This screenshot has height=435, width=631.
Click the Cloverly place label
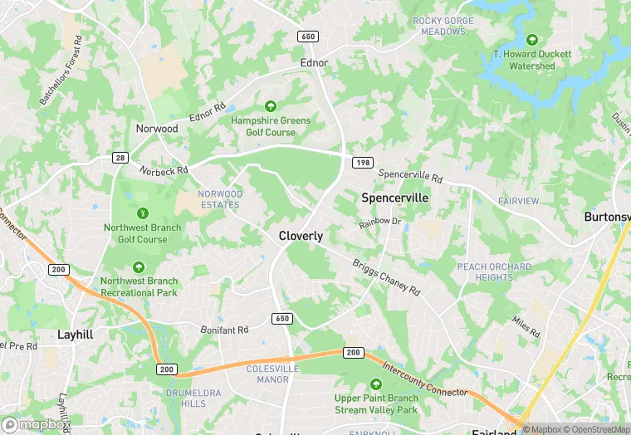click(x=301, y=236)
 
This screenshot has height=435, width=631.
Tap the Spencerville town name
click(x=395, y=198)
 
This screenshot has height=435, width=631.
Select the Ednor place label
click(x=315, y=63)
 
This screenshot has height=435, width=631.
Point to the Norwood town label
click(x=157, y=129)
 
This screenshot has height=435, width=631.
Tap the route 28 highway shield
click(x=120, y=158)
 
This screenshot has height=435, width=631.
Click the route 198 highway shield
click(x=363, y=163)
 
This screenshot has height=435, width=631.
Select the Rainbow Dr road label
click(x=379, y=222)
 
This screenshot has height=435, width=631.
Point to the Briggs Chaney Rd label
click(x=386, y=276)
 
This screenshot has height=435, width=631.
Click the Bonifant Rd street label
click(x=224, y=330)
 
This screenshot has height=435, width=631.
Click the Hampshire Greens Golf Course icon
click(x=270, y=106)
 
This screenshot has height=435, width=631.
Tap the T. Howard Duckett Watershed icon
click(x=531, y=40)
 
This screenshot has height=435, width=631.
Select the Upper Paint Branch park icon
click(x=376, y=384)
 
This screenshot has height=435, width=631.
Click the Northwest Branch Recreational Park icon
click(x=139, y=266)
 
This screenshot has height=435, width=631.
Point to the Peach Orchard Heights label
click(x=493, y=271)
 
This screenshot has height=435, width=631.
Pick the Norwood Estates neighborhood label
click(x=221, y=199)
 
